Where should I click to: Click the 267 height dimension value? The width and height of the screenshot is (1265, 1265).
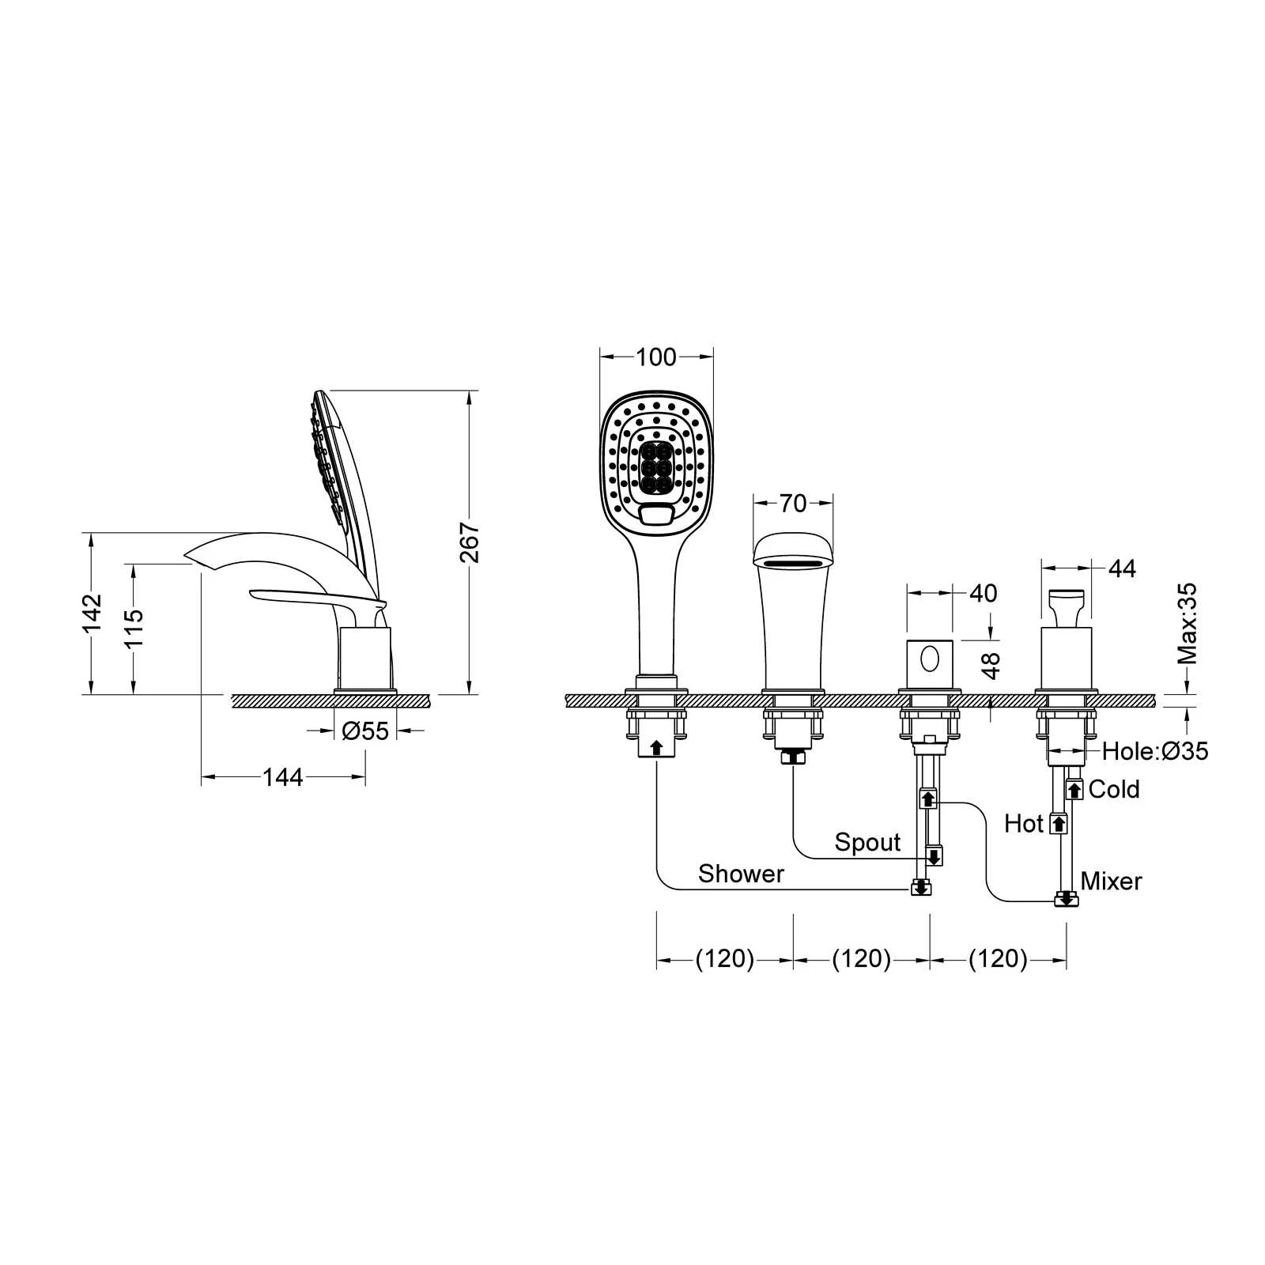coord(470,542)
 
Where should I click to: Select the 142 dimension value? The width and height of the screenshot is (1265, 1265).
coord(93,613)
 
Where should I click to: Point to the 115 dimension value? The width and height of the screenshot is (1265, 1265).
coord(134,627)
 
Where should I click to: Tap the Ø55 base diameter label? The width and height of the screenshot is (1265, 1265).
coord(365,731)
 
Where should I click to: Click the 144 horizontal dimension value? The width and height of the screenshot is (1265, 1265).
coord(283,777)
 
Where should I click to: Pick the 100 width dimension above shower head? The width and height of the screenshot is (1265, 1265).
coord(656,357)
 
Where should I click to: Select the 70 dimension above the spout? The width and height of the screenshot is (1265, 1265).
coord(793,503)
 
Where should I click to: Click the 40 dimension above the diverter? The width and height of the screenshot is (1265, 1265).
coord(983,593)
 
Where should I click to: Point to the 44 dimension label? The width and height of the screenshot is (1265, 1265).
coord(1122,568)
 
